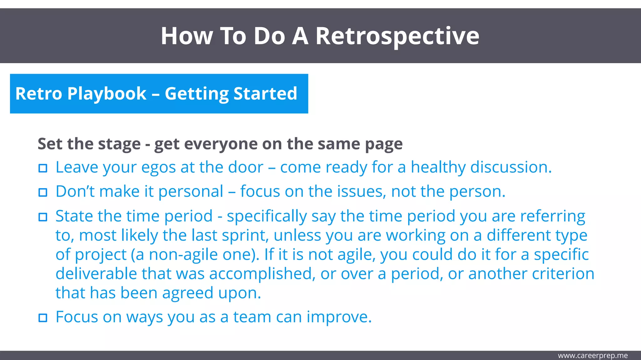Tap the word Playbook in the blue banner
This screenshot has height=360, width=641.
point(107,94)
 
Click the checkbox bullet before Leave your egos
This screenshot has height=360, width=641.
point(43,168)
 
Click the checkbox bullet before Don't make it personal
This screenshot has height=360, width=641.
point(43,192)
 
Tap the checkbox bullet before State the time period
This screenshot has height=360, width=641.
point(43,217)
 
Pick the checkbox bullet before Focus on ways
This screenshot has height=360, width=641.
point(43,318)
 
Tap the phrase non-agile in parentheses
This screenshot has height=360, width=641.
point(182,255)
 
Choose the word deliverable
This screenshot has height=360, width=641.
point(96,274)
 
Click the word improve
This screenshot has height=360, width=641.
point(339,317)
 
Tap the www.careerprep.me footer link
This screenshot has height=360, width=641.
point(592,356)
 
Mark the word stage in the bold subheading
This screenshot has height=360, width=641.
point(119,144)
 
